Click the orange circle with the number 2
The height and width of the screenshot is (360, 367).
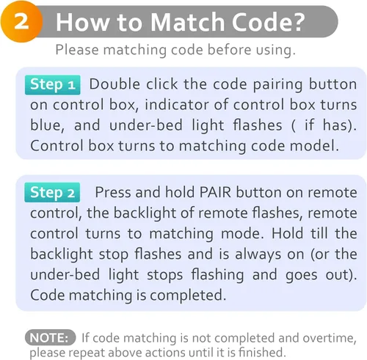click(x=21, y=21)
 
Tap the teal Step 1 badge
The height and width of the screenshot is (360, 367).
click(x=53, y=85)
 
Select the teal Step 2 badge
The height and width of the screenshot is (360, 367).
click(x=52, y=192)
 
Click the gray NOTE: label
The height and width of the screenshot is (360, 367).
click(x=50, y=337)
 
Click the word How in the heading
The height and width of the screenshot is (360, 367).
click(x=82, y=22)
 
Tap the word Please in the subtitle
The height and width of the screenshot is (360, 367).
click(x=77, y=50)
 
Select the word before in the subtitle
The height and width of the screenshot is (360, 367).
click(x=229, y=50)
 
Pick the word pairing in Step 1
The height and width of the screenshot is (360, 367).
click(x=278, y=85)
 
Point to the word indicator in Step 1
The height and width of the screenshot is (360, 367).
click(x=177, y=105)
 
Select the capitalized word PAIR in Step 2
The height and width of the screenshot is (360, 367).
click(x=215, y=192)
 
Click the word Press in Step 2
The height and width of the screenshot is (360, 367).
click(x=113, y=192)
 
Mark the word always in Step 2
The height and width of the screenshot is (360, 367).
click(x=258, y=254)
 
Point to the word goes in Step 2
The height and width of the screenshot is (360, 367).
click(x=301, y=275)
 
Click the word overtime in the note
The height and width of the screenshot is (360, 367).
click(x=330, y=338)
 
